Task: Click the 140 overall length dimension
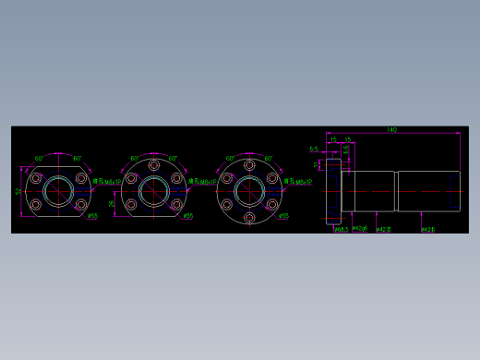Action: (391, 130)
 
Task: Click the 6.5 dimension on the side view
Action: (314, 149)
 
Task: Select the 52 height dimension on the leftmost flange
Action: (18, 191)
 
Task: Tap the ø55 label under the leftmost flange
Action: (91, 218)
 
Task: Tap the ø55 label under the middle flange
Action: (187, 217)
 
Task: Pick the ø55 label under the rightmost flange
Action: (283, 217)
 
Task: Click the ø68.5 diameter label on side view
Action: (340, 229)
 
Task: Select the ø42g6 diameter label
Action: (360, 228)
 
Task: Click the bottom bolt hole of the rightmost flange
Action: (249, 217)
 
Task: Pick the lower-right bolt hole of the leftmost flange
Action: (79, 204)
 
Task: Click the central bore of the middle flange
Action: (153, 191)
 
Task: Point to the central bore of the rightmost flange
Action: (249, 191)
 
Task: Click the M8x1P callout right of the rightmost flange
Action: (298, 182)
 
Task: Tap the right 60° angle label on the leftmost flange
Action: (77, 158)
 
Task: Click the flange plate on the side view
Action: (333, 191)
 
